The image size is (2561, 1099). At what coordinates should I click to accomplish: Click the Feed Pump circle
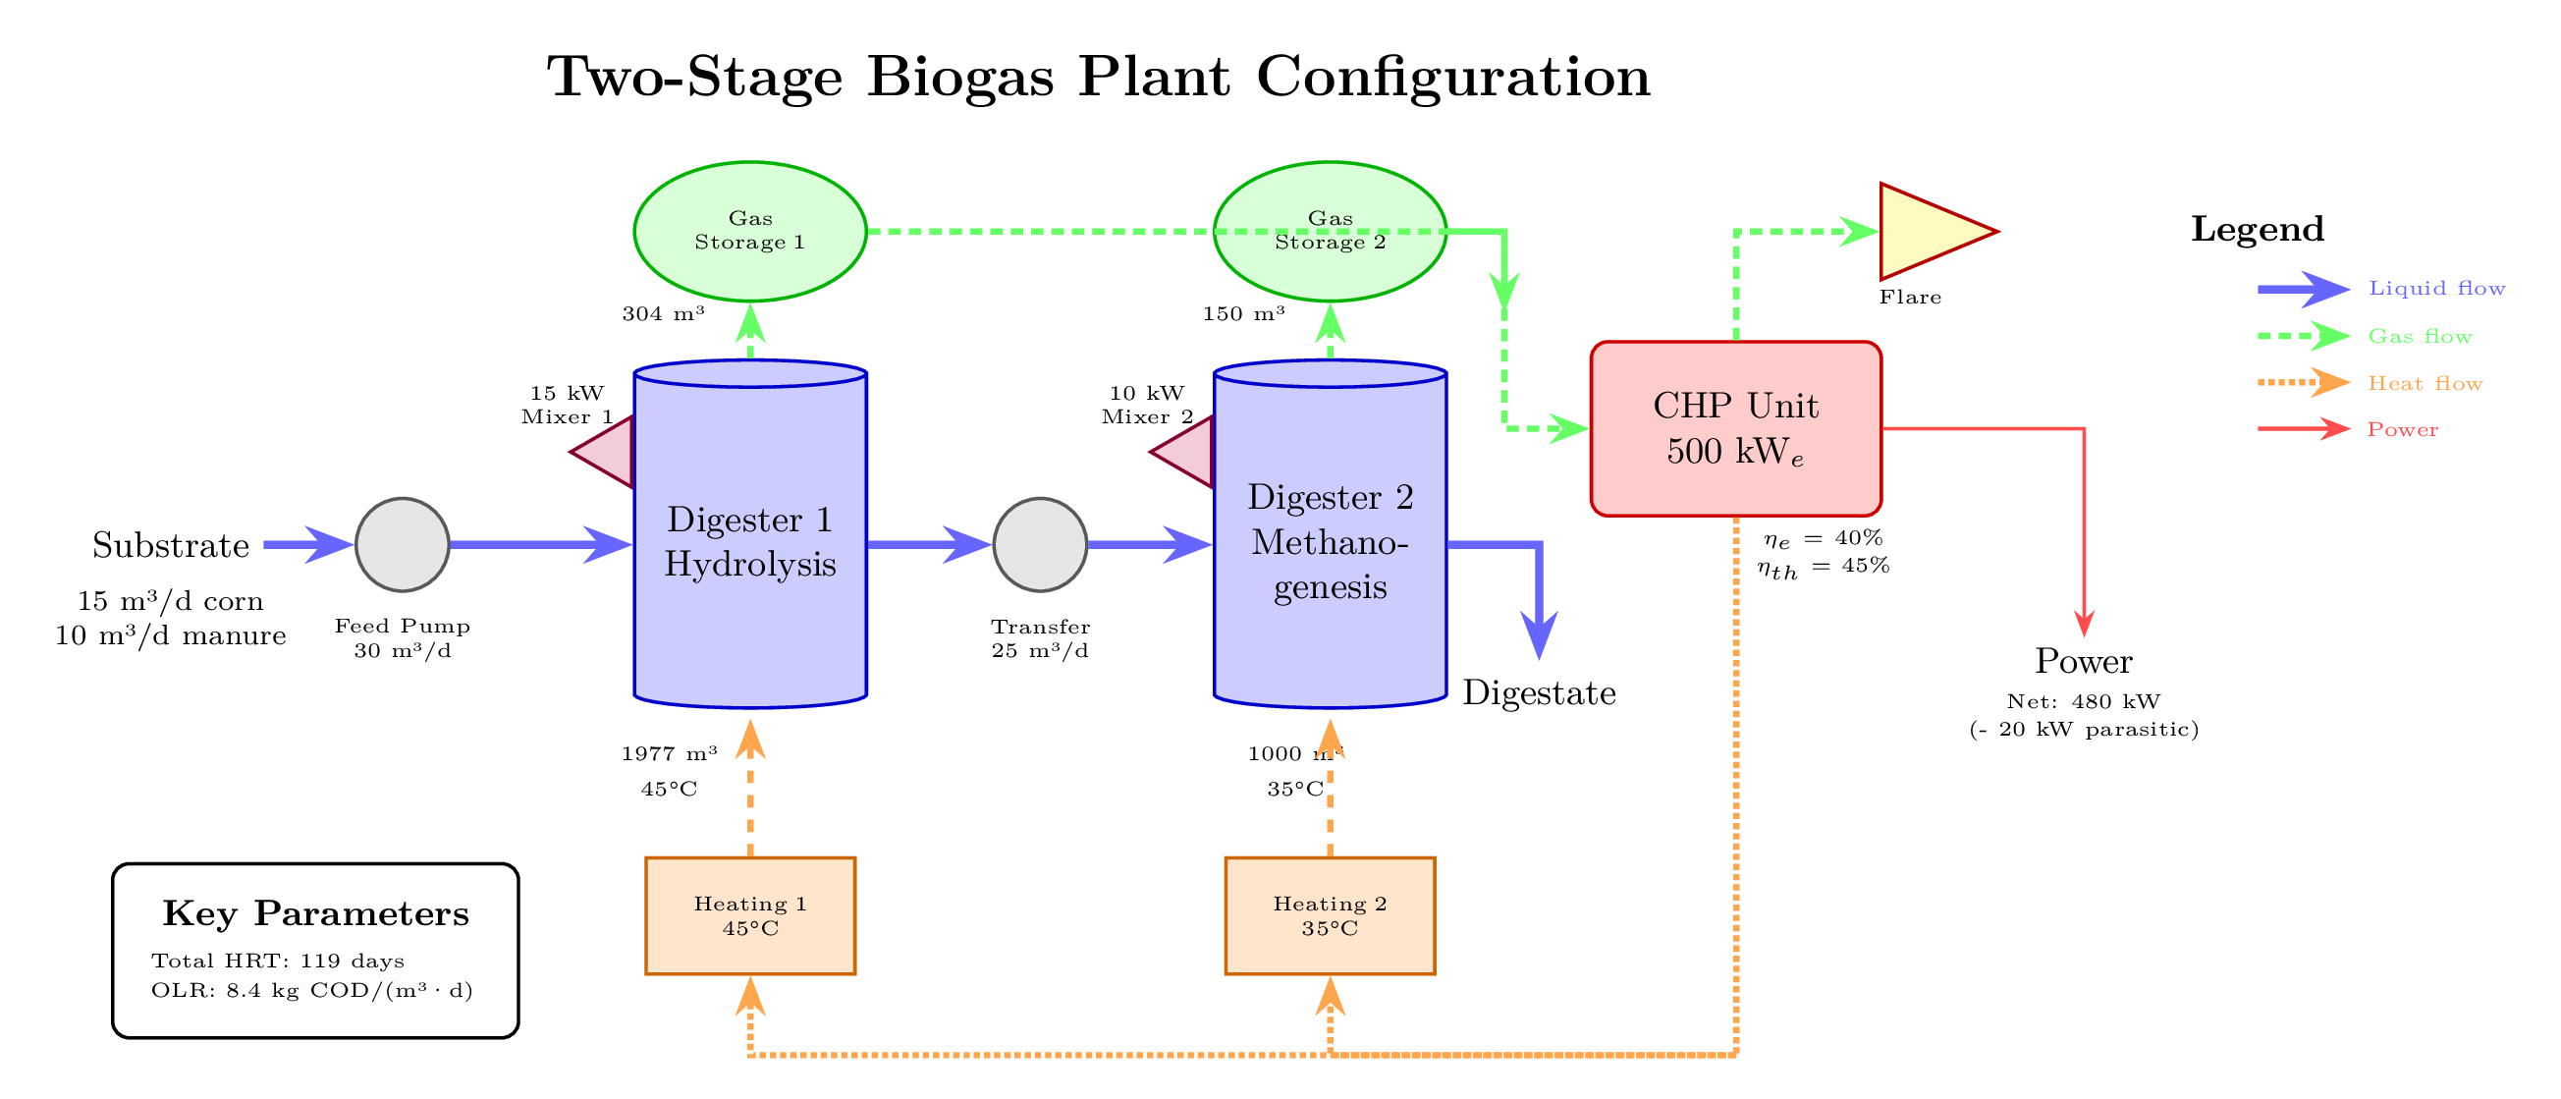(x=403, y=544)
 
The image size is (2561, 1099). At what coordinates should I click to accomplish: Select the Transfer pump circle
(x=1040, y=544)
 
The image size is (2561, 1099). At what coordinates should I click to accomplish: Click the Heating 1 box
(x=749, y=915)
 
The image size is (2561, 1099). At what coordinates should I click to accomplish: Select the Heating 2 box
(x=1330, y=915)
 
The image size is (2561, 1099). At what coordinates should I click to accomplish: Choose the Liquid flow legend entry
(x=2435, y=289)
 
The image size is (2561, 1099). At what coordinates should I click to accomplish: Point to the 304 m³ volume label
(x=663, y=314)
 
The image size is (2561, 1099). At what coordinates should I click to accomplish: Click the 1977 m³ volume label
(x=669, y=754)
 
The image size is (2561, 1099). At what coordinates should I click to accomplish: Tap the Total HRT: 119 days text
(x=277, y=961)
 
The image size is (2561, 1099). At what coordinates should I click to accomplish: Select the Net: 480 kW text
(x=2083, y=701)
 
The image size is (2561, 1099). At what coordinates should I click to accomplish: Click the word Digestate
(x=1538, y=693)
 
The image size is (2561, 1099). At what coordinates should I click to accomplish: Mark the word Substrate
(x=171, y=545)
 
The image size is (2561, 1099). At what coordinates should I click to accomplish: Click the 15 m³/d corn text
(x=171, y=601)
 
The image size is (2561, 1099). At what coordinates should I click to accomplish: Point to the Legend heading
(x=2257, y=229)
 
